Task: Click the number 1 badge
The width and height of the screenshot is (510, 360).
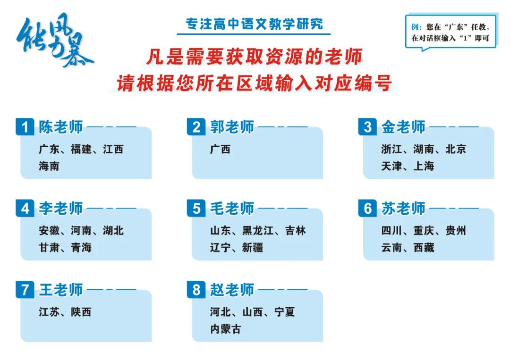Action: [25, 127]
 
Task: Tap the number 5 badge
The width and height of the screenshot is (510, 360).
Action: [196, 208]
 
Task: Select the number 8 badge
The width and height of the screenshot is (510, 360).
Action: [196, 290]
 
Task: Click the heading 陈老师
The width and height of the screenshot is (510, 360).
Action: [61, 127]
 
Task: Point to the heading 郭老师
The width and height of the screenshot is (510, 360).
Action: [232, 127]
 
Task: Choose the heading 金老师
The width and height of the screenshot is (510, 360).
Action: [403, 127]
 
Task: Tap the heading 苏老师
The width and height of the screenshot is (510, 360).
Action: [403, 208]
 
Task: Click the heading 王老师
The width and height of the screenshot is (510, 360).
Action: [61, 290]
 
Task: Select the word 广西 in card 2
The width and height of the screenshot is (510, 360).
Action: [220, 149]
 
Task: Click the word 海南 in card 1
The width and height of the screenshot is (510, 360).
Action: [49, 166]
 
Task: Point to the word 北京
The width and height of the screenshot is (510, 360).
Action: [456, 149]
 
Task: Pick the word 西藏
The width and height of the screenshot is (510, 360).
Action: [424, 248]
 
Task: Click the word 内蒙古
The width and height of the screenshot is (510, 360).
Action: [225, 329]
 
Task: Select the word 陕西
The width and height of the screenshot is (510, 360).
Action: [81, 312]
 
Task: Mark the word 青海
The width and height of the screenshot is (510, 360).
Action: [81, 248]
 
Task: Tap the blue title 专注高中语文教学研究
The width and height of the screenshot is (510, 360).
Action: [255, 24]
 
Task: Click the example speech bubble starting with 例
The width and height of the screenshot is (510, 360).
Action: [451, 32]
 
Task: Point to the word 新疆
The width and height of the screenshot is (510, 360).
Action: [252, 248]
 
